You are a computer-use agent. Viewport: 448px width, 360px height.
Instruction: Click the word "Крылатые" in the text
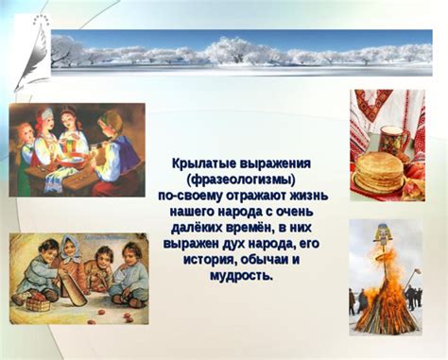[x=205, y=164]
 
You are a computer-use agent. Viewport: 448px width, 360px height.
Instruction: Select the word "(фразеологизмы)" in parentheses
[x=244, y=180]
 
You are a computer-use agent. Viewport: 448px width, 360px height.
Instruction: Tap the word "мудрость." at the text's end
[x=244, y=275]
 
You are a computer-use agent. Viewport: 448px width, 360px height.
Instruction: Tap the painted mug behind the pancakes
[x=396, y=140]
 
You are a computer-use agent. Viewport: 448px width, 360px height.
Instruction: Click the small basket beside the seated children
[x=39, y=303]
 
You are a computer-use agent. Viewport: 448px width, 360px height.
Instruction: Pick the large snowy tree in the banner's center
[x=226, y=50]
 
